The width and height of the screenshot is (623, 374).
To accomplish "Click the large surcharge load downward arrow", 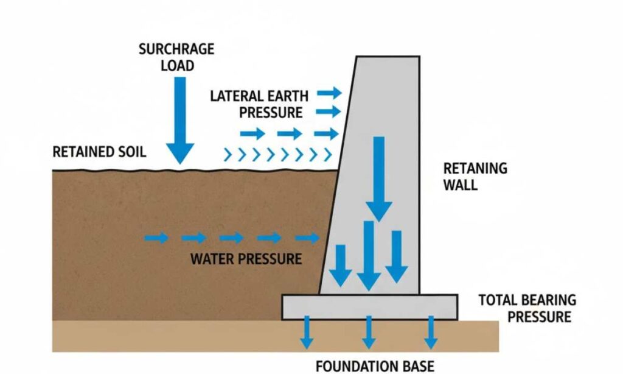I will pyautogui.click(x=179, y=122).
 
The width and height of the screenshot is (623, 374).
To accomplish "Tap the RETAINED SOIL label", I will pyautogui.click(x=99, y=152).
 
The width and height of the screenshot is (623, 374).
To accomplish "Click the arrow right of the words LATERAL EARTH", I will pyautogui.click(x=330, y=94).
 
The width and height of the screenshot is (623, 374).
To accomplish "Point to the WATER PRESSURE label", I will pyautogui.click(x=246, y=258).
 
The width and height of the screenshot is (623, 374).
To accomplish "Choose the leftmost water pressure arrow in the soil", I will pyautogui.click(x=156, y=238).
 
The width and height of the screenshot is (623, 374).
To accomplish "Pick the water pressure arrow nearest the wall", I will pyautogui.click(x=307, y=238).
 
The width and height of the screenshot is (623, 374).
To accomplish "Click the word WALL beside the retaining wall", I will pyautogui.click(x=461, y=185).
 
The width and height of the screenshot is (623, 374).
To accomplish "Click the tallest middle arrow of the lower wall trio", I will pyautogui.click(x=368, y=255).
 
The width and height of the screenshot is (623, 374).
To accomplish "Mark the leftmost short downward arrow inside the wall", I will pyautogui.click(x=340, y=265).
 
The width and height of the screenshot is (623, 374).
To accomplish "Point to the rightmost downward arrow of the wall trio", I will pyautogui.click(x=397, y=256).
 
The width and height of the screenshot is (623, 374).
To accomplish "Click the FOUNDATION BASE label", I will pyautogui.click(x=375, y=365).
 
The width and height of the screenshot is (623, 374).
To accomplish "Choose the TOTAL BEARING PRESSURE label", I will pyautogui.click(x=527, y=308).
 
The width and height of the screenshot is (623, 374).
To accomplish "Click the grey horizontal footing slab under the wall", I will pyautogui.click(x=369, y=307).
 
